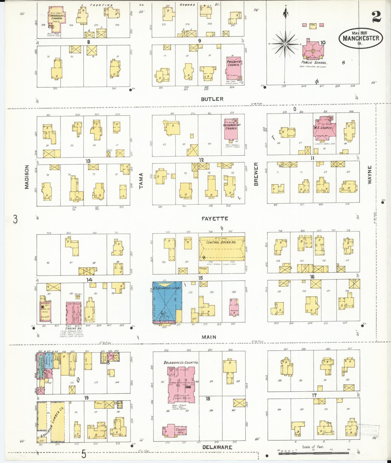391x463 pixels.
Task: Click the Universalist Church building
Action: [x=231, y=129]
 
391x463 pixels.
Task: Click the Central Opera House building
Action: [x=221, y=248]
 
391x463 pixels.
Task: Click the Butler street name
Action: [x=212, y=99]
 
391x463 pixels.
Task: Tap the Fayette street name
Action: [x=215, y=219]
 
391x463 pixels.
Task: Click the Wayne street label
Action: [x=370, y=175]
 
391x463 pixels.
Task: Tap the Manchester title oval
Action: [x=361, y=38]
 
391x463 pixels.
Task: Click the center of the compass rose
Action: [x=285, y=44]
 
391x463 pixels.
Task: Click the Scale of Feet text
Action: [x=313, y=447]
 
